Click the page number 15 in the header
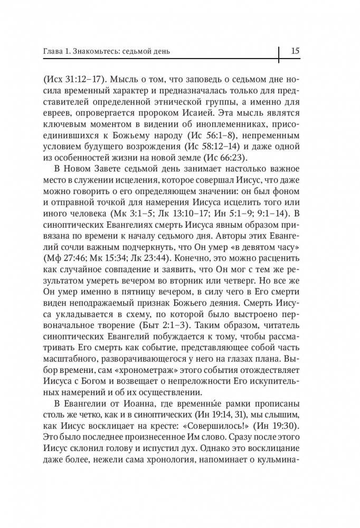[295, 51]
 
